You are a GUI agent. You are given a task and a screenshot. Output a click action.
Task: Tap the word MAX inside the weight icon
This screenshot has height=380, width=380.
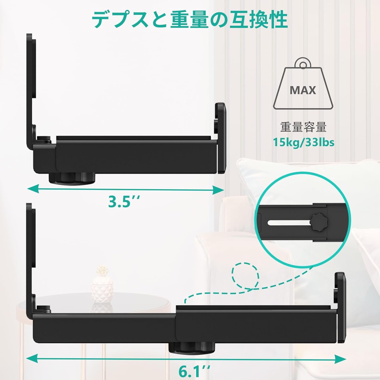(303, 90)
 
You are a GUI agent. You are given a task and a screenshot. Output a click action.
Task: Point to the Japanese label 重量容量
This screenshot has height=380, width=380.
(303, 127)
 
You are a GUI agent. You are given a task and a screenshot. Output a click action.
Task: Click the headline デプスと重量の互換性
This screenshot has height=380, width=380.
(189, 20)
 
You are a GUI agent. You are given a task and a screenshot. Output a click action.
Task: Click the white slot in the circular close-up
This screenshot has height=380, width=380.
(289, 222)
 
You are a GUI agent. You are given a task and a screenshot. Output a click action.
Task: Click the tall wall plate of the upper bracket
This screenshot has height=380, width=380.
(31, 91)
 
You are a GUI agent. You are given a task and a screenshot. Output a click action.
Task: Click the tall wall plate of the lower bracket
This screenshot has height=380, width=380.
(31, 261)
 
